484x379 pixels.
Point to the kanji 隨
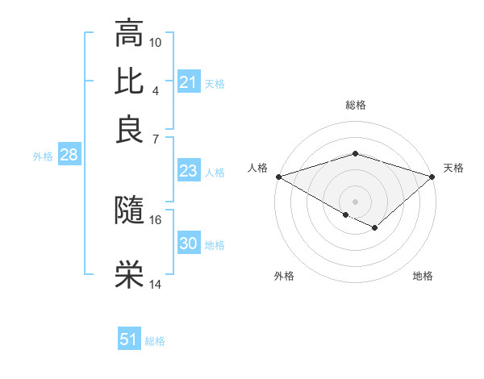[129, 211]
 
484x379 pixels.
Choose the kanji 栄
[129, 275]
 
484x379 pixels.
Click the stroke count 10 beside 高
[156, 41]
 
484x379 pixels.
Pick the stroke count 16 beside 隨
[156, 219]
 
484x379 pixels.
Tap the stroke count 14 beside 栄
[156, 284]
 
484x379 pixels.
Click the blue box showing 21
[188, 82]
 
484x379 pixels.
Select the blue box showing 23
[188, 171]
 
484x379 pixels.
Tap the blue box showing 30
[188, 244]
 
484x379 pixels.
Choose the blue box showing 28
[69, 156]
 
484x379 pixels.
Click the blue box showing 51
[129, 339]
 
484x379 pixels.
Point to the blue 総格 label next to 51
[155, 341]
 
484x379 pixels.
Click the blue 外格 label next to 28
[43, 156]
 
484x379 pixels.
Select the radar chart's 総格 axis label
[355, 105]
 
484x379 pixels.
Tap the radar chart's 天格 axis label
[453, 168]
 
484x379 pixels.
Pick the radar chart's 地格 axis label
[423, 277]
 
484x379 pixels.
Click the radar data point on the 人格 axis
[278, 176]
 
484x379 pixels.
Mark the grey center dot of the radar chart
[355, 201]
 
